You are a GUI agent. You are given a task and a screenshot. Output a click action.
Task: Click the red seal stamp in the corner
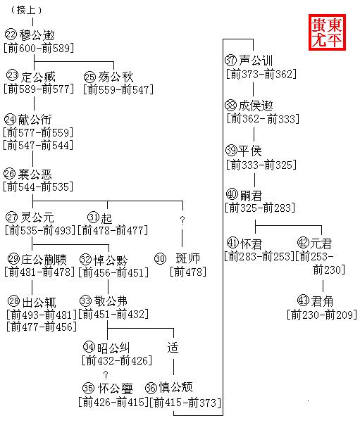click(327, 32)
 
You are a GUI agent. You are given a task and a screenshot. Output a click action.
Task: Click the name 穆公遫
click(37, 34)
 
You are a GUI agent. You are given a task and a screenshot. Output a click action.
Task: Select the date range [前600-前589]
click(39, 48)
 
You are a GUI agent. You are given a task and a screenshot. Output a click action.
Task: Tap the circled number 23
click(12, 75)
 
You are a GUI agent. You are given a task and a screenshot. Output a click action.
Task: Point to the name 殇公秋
click(116, 77)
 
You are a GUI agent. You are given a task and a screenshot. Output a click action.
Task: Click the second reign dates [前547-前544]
click(38, 145)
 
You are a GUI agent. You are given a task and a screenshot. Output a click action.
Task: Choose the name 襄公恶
click(35, 175)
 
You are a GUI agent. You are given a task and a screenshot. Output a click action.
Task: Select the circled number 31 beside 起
click(94, 217)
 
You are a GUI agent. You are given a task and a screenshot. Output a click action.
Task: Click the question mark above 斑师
click(182, 220)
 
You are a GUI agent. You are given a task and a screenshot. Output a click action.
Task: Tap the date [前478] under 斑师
click(188, 272)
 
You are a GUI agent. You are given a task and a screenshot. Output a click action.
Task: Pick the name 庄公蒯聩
click(44, 260)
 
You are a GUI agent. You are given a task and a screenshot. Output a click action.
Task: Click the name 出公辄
click(39, 302)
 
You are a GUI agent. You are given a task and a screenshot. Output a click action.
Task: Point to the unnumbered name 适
click(173, 348)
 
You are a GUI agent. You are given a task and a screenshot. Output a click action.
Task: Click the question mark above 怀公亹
click(106, 374)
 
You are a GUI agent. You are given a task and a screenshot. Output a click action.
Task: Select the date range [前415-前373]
click(185, 403)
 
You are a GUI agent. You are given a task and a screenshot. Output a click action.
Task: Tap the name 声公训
click(256, 61)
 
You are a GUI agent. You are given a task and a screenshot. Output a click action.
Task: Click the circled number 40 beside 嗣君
click(232, 194)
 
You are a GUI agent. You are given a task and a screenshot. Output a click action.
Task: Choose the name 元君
click(321, 244)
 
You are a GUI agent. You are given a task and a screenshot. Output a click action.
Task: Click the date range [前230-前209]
click(322, 315)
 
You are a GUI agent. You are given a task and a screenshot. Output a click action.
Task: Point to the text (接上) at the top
click(27, 11)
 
